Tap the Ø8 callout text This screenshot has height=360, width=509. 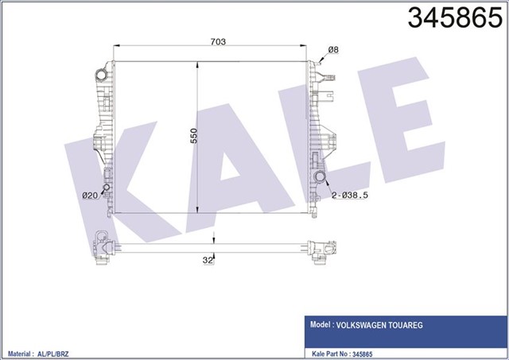pyautogui.click(x=333, y=50)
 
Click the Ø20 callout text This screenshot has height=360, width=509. pyautogui.click(x=89, y=195)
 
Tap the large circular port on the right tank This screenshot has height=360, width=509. pyautogui.click(x=320, y=176)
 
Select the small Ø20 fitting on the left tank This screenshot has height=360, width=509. pyautogui.click(x=106, y=189)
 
